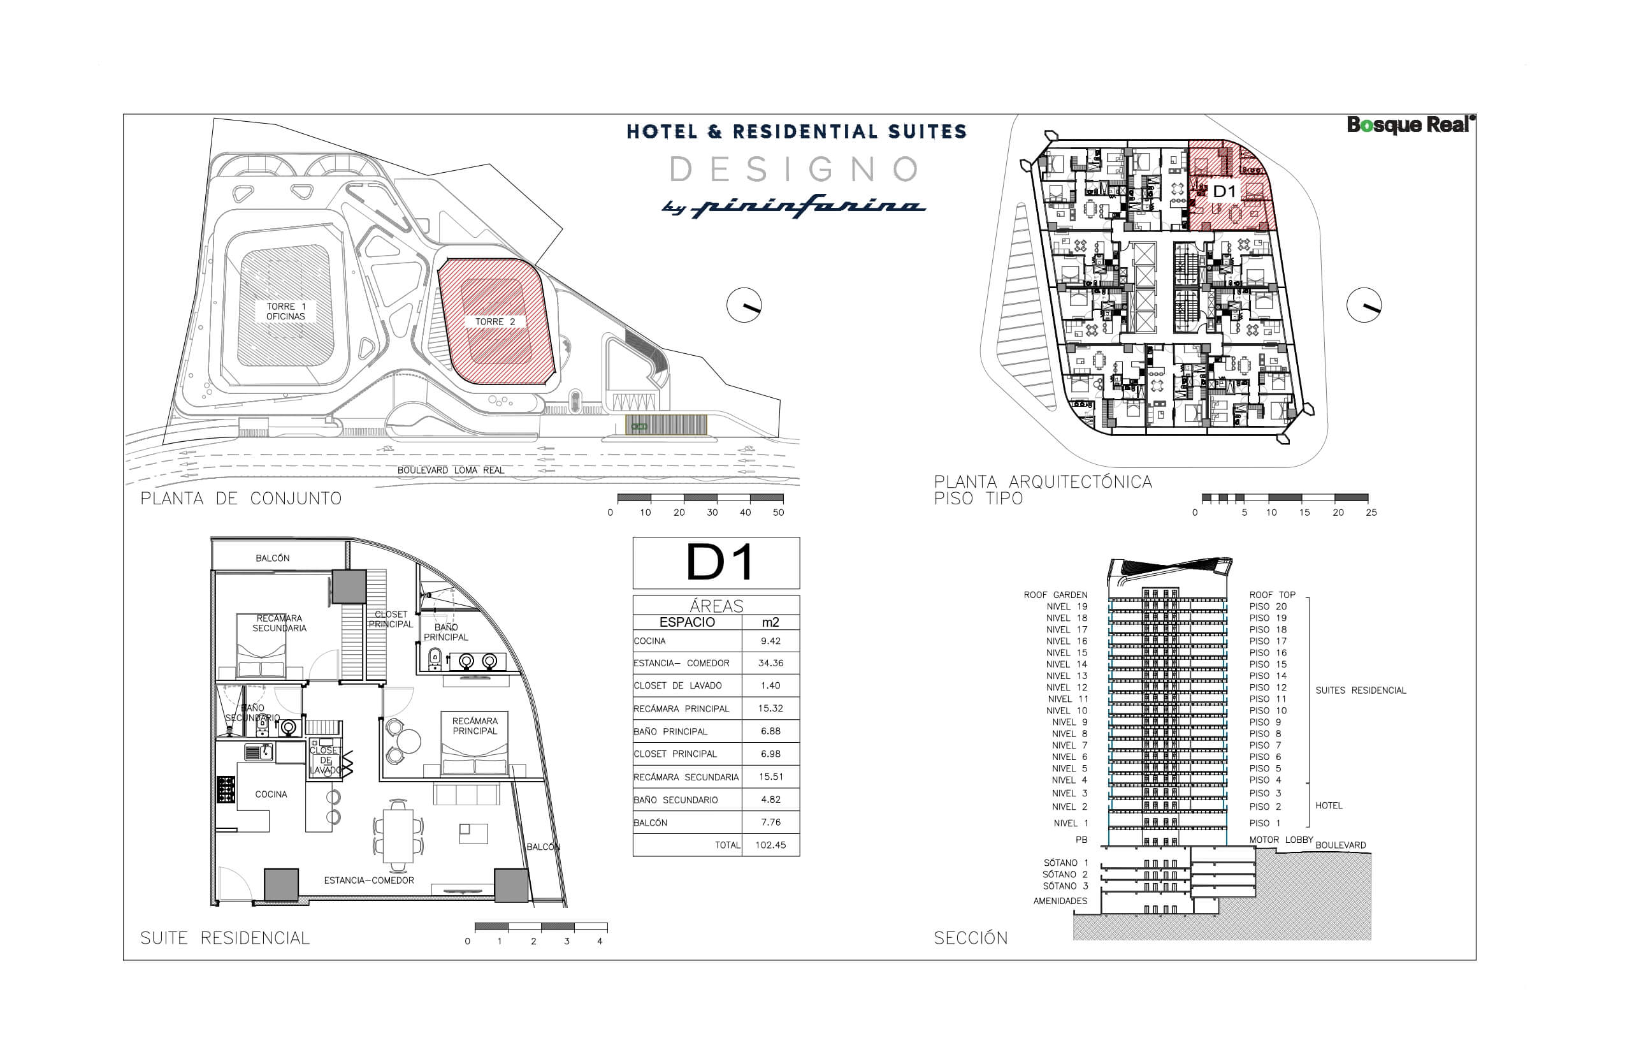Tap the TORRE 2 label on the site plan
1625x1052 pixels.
click(495, 322)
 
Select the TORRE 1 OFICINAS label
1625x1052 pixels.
click(285, 312)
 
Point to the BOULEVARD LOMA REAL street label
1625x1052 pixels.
click(451, 470)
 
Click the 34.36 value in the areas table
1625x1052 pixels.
click(770, 663)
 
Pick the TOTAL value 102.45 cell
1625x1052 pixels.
click(770, 845)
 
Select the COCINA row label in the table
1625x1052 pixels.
click(649, 641)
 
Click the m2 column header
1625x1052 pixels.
click(770, 622)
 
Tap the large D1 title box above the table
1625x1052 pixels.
click(716, 563)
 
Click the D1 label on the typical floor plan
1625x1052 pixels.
click(1224, 191)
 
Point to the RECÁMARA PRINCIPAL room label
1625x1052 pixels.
click(475, 726)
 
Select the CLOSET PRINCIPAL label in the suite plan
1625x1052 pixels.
click(391, 620)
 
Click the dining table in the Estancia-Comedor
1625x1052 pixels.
click(398, 835)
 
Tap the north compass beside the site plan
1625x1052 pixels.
click(744, 305)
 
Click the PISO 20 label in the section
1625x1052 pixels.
click(1268, 606)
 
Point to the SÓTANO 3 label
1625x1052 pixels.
click(1065, 886)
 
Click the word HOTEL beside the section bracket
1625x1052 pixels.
click(1329, 805)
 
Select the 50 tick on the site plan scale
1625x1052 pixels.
click(778, 513)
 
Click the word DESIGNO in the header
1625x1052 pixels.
click(795, 170)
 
